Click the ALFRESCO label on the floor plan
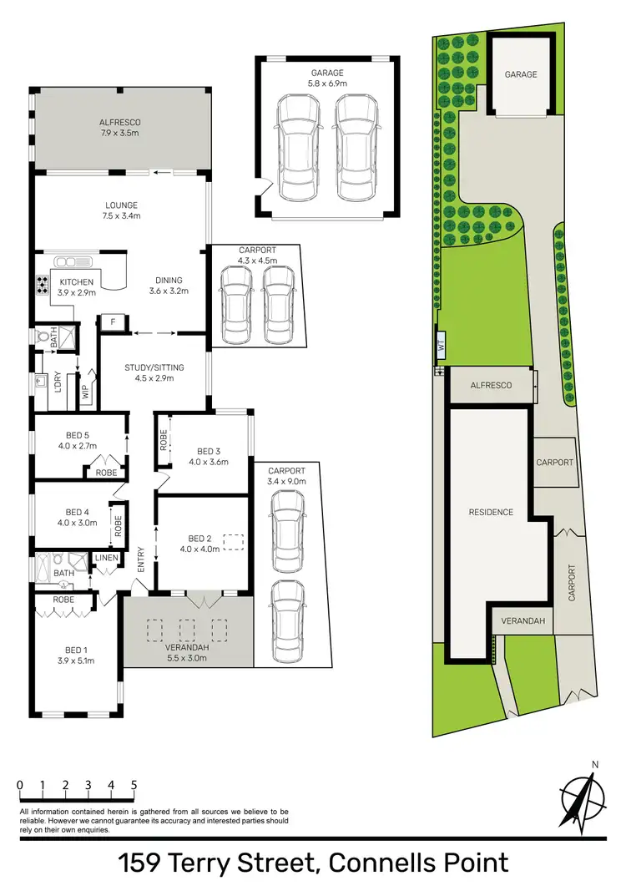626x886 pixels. point(119,122)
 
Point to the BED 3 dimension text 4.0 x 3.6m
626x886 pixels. point(208,462)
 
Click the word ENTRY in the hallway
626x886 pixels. point(140,559)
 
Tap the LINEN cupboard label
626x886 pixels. point(107,558)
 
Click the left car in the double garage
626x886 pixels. point(298,148)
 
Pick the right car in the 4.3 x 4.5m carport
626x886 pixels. point(277,304)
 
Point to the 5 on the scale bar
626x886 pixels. point(134,786)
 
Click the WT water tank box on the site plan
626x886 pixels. point(440,343)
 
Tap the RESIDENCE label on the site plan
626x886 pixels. point(490,512)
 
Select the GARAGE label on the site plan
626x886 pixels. point(521,74)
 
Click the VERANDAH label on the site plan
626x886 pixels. point(523,620)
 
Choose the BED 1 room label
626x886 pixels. point(74,650)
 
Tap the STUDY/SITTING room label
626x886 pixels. point(154,367)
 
